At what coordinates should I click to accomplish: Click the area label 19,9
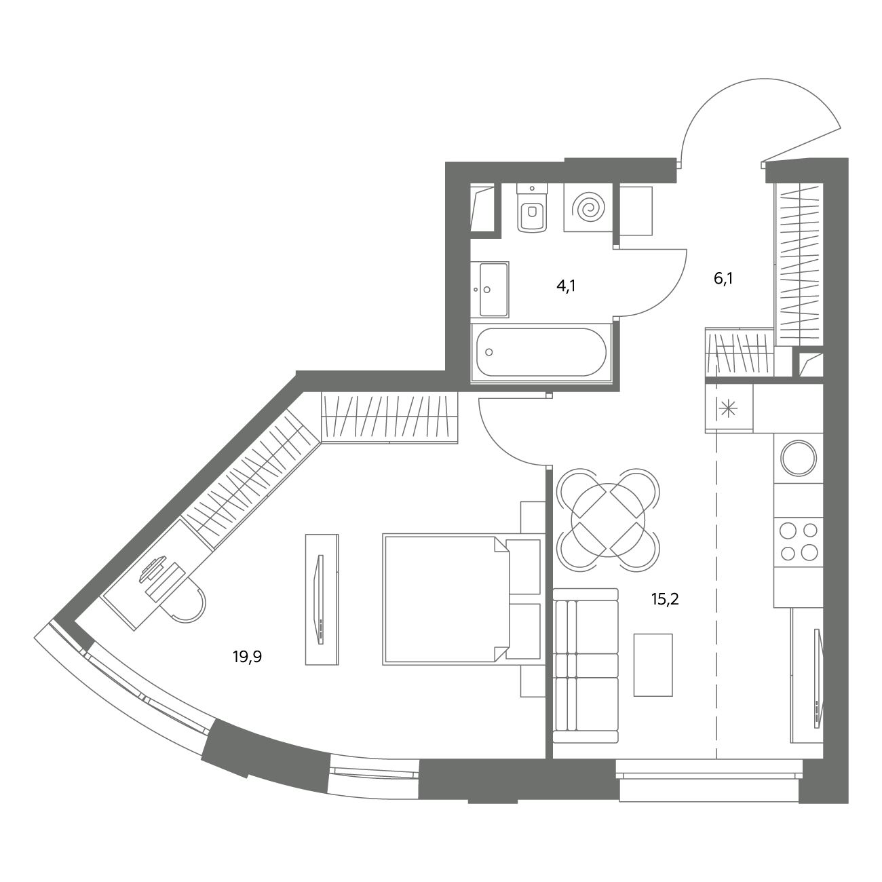247,657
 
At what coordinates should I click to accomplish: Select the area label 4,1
566,286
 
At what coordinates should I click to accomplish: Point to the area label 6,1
723,278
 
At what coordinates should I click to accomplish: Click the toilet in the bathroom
532,208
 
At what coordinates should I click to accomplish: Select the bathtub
541,352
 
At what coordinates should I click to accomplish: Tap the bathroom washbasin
490,289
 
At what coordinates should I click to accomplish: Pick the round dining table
608,520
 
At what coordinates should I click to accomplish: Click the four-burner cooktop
799,542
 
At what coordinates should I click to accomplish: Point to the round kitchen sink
799,458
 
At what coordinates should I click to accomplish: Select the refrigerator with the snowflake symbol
729,408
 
